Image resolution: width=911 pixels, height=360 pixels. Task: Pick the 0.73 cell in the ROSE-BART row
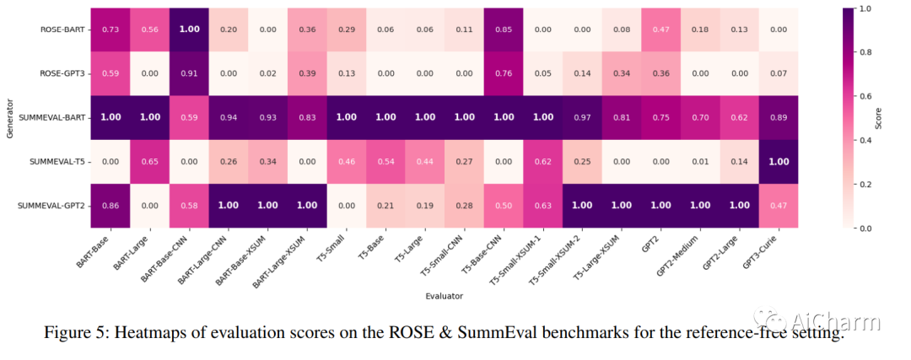pos(110,30)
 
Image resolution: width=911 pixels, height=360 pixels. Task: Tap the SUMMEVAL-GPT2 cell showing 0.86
pos(110,206)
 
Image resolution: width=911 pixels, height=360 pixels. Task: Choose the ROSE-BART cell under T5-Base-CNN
pos(504,30)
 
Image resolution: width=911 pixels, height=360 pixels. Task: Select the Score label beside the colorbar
pos(878,118)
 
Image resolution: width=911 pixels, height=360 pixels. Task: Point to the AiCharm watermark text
pos(835,321)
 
